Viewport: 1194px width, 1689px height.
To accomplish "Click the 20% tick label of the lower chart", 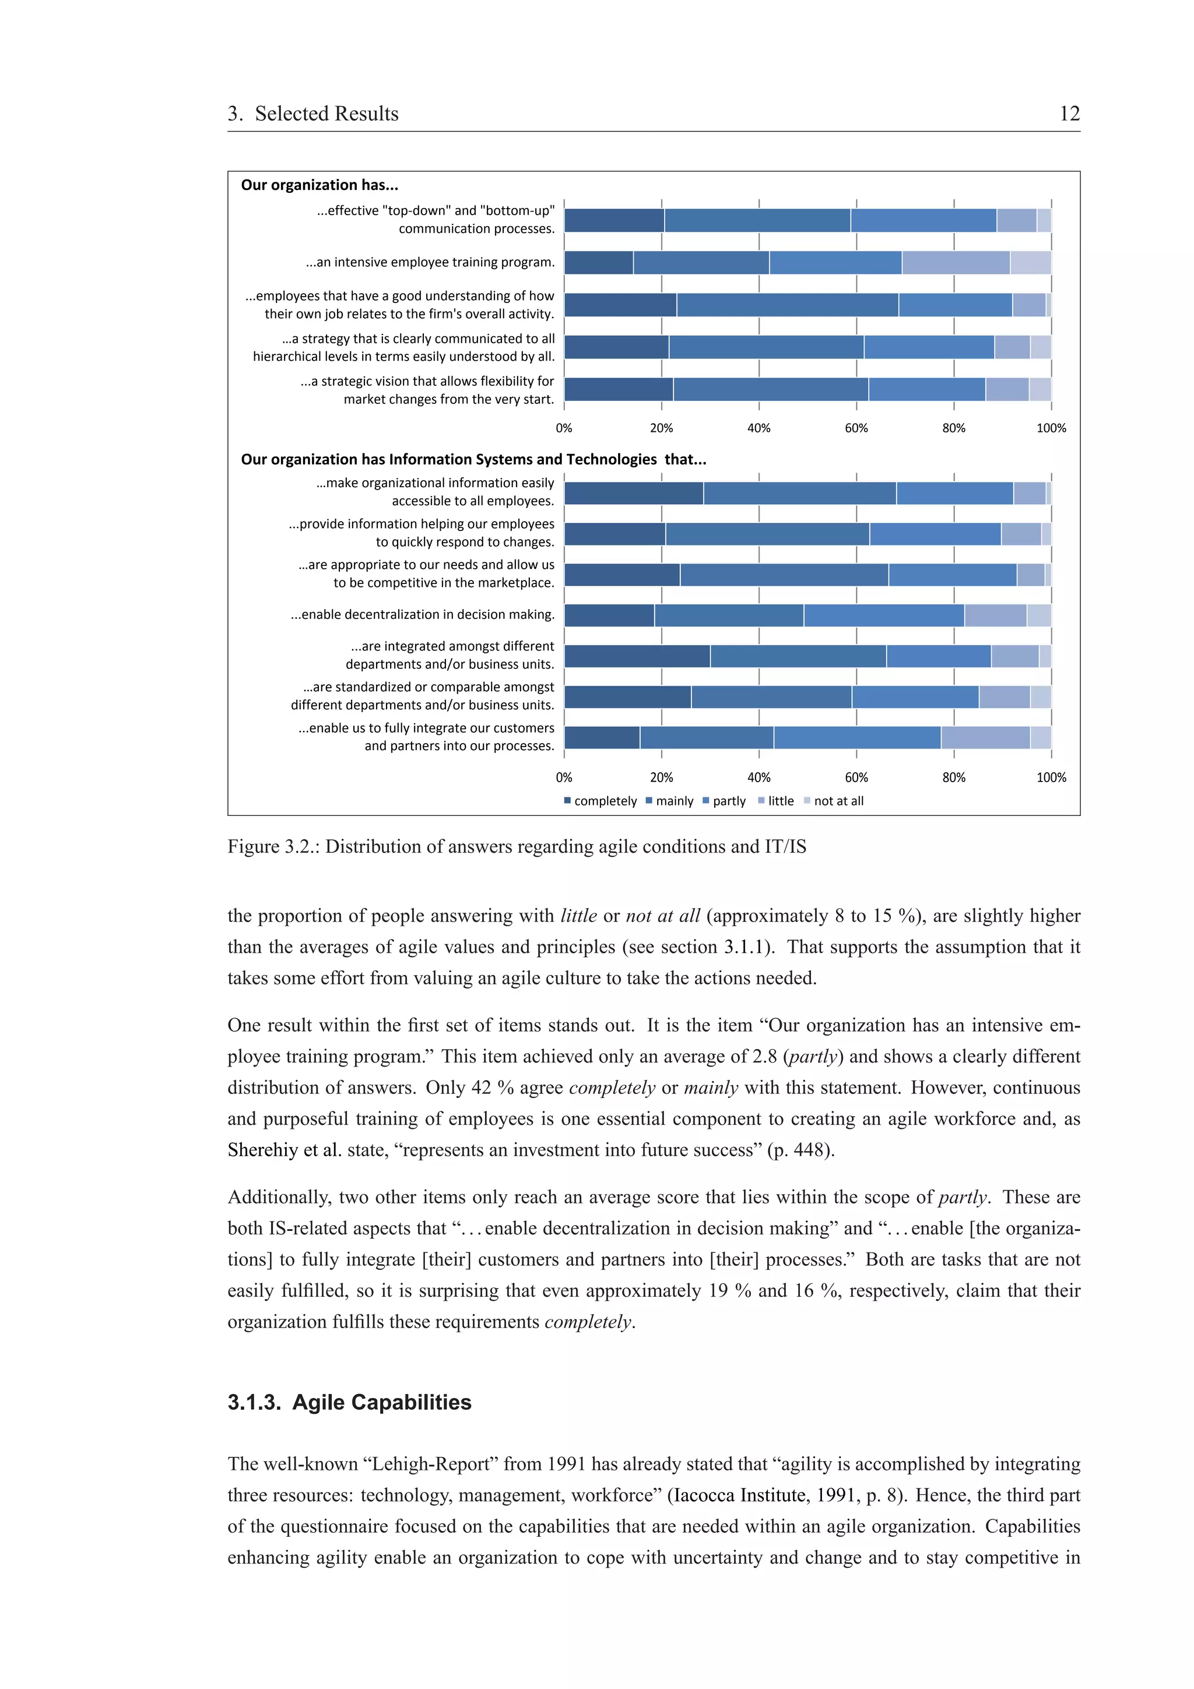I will click(661, 777).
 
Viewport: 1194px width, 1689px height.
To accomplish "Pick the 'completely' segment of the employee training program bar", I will click(598, 263).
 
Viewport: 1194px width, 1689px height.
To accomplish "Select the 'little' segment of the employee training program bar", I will click(955, 263).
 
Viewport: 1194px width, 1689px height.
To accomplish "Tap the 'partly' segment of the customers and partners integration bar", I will click(856, 737).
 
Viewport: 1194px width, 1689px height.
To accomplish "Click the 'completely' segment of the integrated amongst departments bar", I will click(637, 656).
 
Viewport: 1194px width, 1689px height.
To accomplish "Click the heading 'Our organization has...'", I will click(319, 185).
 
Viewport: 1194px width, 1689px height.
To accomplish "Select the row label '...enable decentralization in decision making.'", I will click(422, 614).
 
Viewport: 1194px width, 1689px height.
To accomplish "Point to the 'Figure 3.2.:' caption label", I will click(273, 847).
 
